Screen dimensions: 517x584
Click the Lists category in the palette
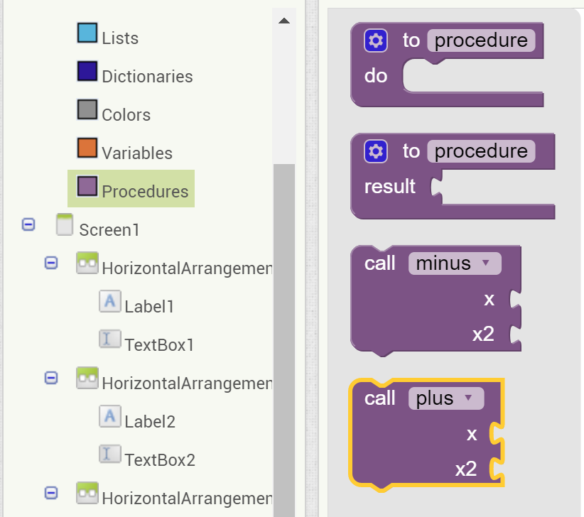[x=119, y=38]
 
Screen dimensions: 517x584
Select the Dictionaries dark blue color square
[x=87, y=72]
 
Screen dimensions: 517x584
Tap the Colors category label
[x=126, y=114]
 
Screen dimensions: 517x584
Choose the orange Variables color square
[x=87, y=148]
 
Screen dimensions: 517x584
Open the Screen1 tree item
[x=109, y=229]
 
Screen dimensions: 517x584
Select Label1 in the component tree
[x=149, y=306]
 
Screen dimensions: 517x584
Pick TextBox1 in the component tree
[x=159, y=344]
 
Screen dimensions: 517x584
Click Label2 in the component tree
[x=150, y=421]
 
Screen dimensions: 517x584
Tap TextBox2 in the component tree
[x=160, y=459]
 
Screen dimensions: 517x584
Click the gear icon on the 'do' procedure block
[x=376, y=41]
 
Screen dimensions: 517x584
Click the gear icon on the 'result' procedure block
[x=376, y=151]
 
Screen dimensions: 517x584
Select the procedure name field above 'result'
[x=481, y=151]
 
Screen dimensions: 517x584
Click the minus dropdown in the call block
[x=455, y=263]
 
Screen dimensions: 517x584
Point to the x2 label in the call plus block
[x=466, y=469]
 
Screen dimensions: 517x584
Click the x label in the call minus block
[x=489, y=299]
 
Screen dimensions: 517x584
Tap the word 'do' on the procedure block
[x=376, y=75]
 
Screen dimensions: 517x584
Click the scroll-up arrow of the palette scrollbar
[x=284, y=21]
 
